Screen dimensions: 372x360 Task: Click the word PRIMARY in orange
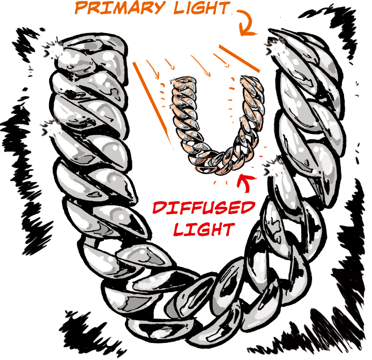pos(119,8)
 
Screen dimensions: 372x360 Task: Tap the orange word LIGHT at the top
pos(202,8)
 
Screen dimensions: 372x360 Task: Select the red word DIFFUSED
pos(204,208)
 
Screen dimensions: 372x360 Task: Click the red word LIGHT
pos(204,229)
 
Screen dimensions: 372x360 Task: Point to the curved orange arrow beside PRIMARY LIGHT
pos(246,23)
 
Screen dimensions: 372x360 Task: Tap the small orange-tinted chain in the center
pos(219,125)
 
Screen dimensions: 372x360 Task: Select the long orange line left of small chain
pos(153,106)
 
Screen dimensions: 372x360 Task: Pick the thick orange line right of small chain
pos(239,58)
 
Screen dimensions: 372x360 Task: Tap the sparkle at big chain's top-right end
pos(276,47)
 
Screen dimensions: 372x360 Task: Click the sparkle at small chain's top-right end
pos(243,80)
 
